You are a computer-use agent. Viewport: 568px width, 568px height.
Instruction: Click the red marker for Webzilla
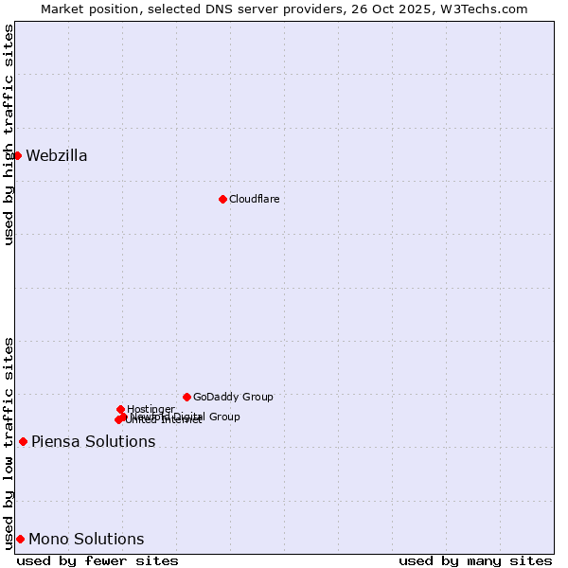[x=17, y=155]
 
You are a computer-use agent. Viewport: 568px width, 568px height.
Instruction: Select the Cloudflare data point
[x=222, y=199]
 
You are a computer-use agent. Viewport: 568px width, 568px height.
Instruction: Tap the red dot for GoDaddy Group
[x=186, y=397]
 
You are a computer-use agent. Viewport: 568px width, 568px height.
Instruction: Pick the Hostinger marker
[x=120, y=409]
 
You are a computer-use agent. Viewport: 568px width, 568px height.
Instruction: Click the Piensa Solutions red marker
[x=23, y=441]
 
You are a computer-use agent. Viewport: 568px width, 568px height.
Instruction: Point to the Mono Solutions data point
[x=20, y=539]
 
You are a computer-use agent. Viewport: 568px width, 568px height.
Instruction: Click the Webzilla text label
[x=57, y=156]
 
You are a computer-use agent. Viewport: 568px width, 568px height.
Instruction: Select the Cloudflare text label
[x=254, y=199]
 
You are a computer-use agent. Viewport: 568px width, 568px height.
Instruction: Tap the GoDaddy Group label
[x=233, y=397]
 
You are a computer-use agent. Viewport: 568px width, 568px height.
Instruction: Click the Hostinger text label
[x=151, y=409]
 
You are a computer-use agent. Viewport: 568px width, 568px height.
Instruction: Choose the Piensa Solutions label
[x=93, y=442]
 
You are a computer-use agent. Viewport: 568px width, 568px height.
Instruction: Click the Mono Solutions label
[x=86, y=540]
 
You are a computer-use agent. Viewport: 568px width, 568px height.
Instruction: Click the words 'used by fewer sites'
[x=98, y=560]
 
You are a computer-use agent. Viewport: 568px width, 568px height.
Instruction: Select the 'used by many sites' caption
[x=475, y=560]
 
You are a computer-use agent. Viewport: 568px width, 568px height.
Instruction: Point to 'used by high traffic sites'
[x=9, y=134]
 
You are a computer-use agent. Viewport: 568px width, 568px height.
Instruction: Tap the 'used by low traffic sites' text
[x=9, y=442]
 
